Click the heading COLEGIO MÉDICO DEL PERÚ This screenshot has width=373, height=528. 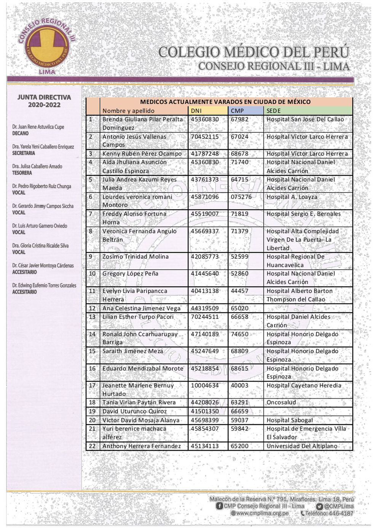pyautogui.click(x=253, y=52)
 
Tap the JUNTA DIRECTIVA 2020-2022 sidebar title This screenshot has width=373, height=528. pyautogui.click(x=44, y=101)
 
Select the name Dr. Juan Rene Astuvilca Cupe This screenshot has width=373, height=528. pyautogui.click(x=38, y=127)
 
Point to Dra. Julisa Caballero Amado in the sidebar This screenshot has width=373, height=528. pyautogui.click(x=37, y=166)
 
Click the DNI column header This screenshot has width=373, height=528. pyautogui.click(x=196, y=111)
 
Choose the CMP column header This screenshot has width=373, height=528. pyautogui.click(x=237, y=111)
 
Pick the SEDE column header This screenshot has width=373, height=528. pyautogui.click(x=274, y=111)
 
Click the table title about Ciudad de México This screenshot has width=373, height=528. pyautogui.click(x=225, y=102)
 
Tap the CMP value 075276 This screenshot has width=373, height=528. pyautogui.click(x=241, y=197)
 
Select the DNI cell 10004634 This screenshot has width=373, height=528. pyautogui.click(x=205, y=385)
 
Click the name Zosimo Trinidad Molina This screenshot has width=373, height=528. pyautogui.click(x=135, y=256)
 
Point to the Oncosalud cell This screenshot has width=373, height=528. pyautogui.click(x=281, y=402)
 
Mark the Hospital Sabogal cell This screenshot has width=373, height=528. pyautogui.click(x=290, y=420)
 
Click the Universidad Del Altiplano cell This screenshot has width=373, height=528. pyautogui.click(x=302, y=446)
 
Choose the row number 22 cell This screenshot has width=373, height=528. pyautogui.click(x=92, y=446)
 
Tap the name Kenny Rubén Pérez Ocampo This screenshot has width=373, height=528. pyautogui.click(x=142, y=154)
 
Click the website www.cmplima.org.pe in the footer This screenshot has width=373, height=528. pyautogui.click(x=262, y=513)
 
